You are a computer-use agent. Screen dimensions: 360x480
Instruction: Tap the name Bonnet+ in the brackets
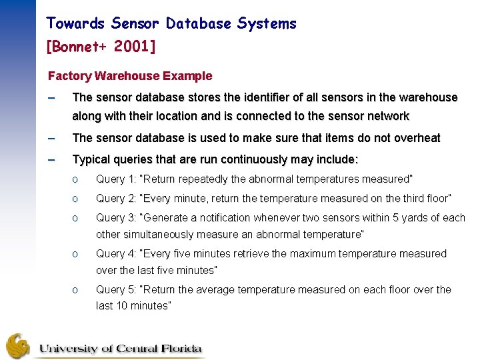[x=79, y=47]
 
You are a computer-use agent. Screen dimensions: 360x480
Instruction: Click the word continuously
[x=256, y=160]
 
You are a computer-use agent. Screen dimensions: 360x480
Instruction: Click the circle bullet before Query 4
[x=77, y=254]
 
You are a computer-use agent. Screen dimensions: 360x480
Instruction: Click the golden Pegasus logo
[x=18, y=346]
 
